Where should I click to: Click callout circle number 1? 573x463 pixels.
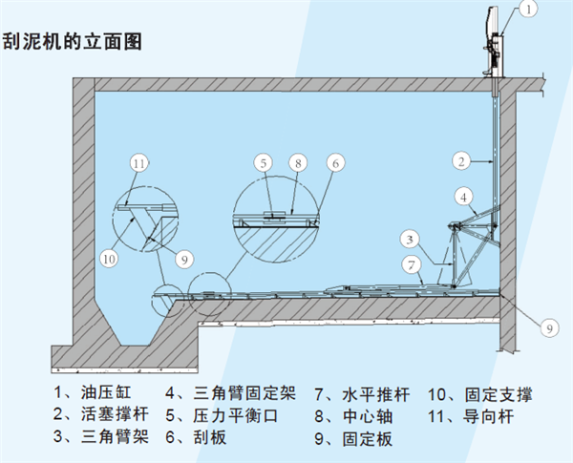pos(531,11)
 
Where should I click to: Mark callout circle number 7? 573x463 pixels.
pos(409,263)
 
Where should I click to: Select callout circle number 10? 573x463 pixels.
pos(110,257)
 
